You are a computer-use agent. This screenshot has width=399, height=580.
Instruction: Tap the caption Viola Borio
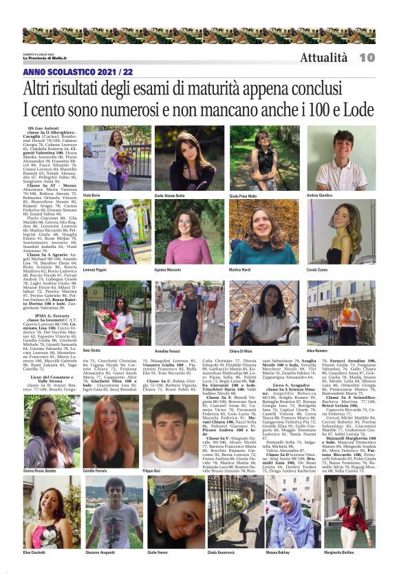click(x=91, y=196)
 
